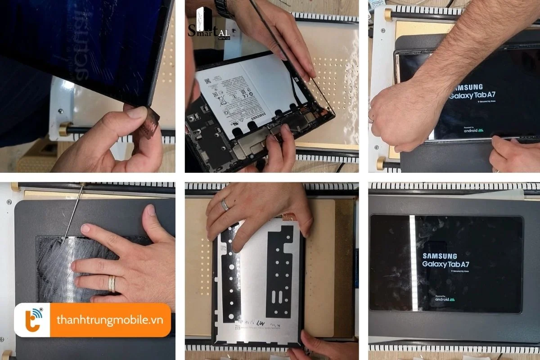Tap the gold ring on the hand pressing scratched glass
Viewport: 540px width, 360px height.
[x=111, y=283]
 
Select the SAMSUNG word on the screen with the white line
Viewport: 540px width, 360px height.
[x=440, y=256]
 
